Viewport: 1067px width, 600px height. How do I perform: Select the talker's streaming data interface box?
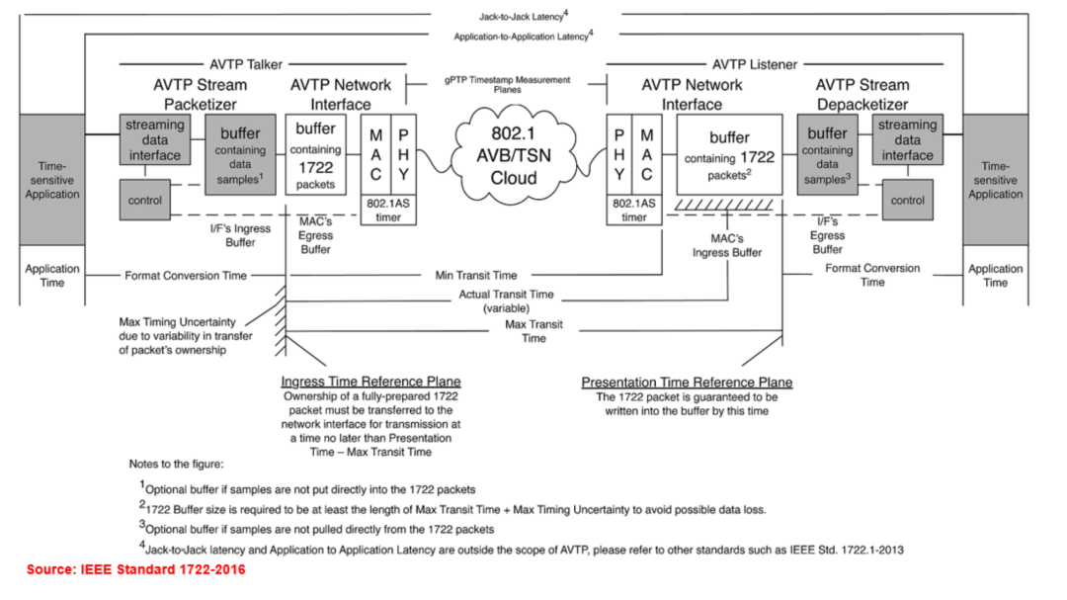pos(154,139)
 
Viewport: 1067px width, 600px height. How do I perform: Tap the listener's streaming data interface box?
pos(907,139)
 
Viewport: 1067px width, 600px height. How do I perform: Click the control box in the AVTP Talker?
pos(145,201)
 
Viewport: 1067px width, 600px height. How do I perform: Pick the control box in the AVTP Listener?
pos(907,201)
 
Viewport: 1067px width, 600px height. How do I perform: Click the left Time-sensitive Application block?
pos(52,180)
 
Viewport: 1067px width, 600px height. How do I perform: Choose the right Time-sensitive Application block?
pos(995,180)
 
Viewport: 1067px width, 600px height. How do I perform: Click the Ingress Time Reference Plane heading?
pos(370,382)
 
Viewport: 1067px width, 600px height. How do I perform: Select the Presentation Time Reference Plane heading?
pos(687,383)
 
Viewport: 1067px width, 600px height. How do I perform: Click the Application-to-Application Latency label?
pos(523,36)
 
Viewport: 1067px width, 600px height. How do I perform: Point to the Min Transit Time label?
pos(476,275)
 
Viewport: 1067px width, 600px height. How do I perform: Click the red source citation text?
pos(136,569)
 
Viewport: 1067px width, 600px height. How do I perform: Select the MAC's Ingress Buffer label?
pos(726,245)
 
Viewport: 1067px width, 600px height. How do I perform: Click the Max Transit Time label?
pos(533,331)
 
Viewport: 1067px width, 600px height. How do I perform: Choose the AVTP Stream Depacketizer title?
pos(862,94)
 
